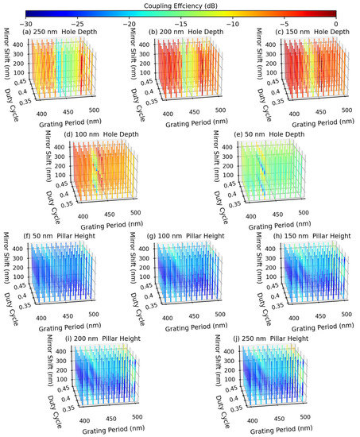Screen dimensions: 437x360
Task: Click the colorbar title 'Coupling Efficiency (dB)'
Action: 180,4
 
